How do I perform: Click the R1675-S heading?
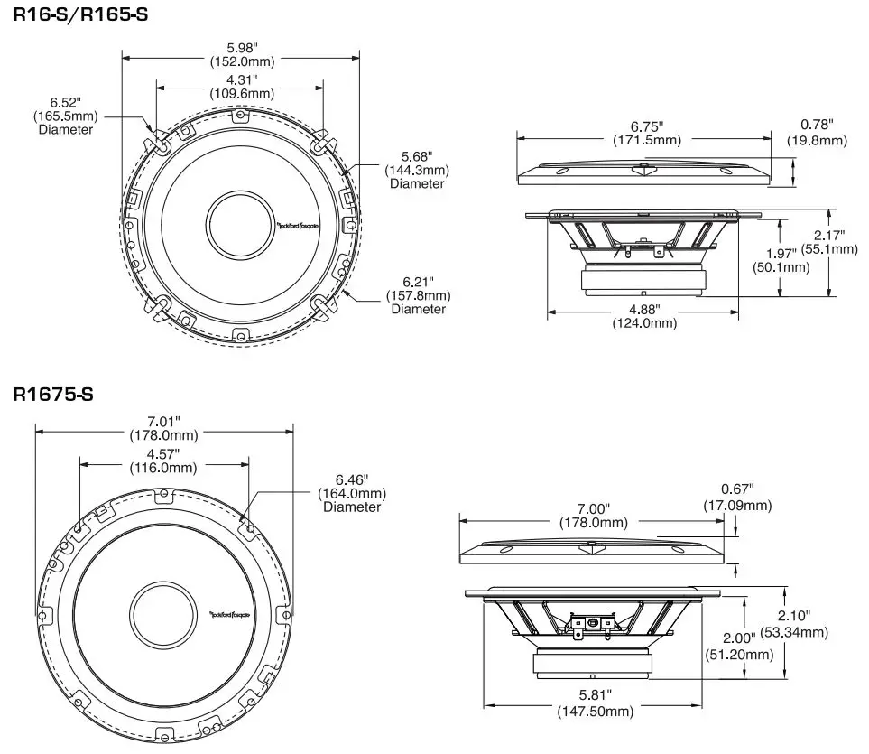(x=53, y=395)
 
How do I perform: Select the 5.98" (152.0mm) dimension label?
(x=242, y=55)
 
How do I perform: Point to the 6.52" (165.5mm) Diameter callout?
(x=65, y=116)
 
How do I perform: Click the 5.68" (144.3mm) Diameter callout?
(x=416, y=170)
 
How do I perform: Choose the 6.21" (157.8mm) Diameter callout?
(x=418, y=295)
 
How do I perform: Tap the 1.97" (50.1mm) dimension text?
(x=781, y=261)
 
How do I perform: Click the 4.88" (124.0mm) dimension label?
(x=644, y=316)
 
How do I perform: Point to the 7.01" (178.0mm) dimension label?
(x=165, y=428)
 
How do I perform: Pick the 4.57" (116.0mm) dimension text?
(x=163, y=461)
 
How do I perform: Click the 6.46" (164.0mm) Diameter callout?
(x=352, y=493)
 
